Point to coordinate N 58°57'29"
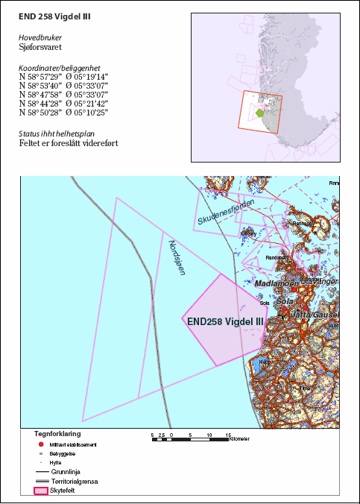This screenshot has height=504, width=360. tap(39, 76)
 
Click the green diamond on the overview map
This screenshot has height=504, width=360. tap(259, 113)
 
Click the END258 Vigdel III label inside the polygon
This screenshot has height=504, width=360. tap(225, 321)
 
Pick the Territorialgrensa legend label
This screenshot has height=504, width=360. tap(75, 481)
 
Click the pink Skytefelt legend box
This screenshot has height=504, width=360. tap(42, 491)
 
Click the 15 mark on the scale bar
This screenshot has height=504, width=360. tap(227, 433)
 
